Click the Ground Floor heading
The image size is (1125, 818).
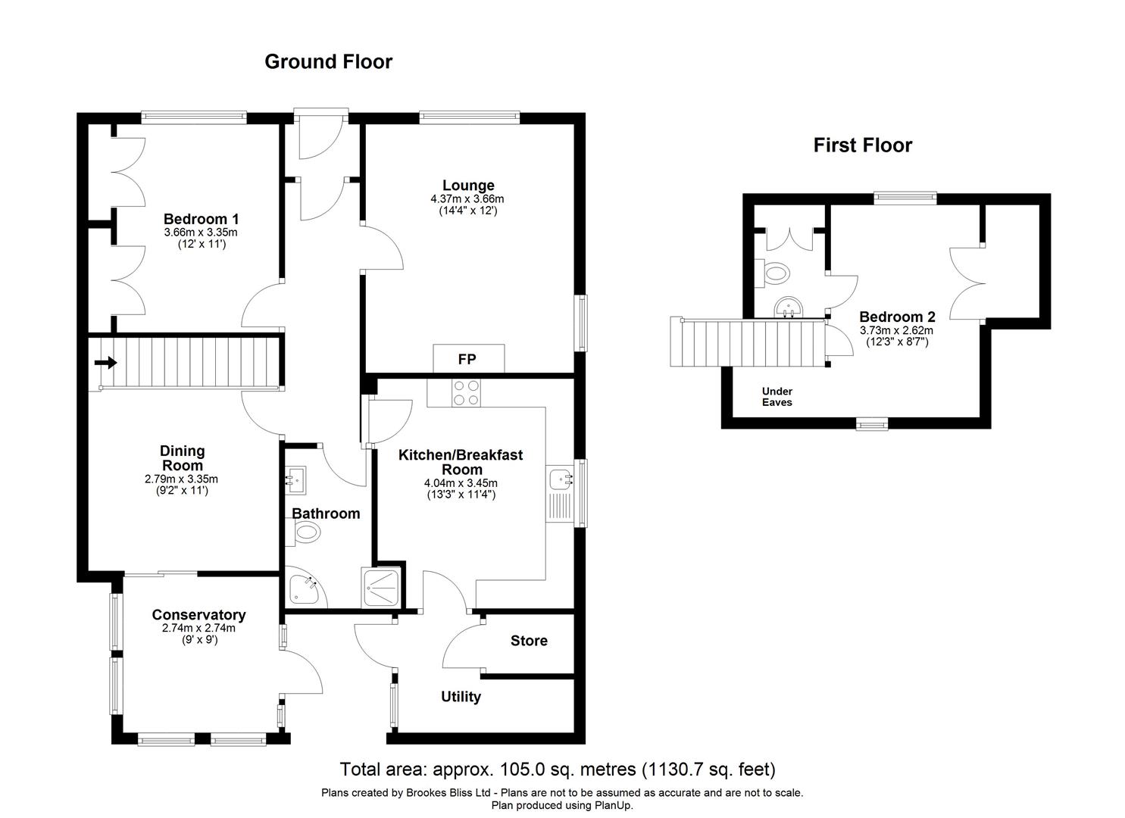(328, 61)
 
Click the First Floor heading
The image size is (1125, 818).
(862, 145)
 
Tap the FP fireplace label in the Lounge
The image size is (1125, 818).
(467, 359)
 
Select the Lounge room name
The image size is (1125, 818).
(468, 185)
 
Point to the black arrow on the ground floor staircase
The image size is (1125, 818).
(105, 363)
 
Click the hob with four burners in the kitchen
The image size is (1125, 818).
(466, 393)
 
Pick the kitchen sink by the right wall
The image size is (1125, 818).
(561, 479)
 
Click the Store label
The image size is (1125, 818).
(529, 641)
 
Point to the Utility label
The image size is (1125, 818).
(461, 697)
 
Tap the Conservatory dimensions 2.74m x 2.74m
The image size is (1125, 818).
(198, 628)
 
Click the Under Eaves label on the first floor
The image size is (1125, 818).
(777, 397)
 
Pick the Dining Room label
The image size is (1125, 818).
(182, 458)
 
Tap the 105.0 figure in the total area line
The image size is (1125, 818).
(521, 770)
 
